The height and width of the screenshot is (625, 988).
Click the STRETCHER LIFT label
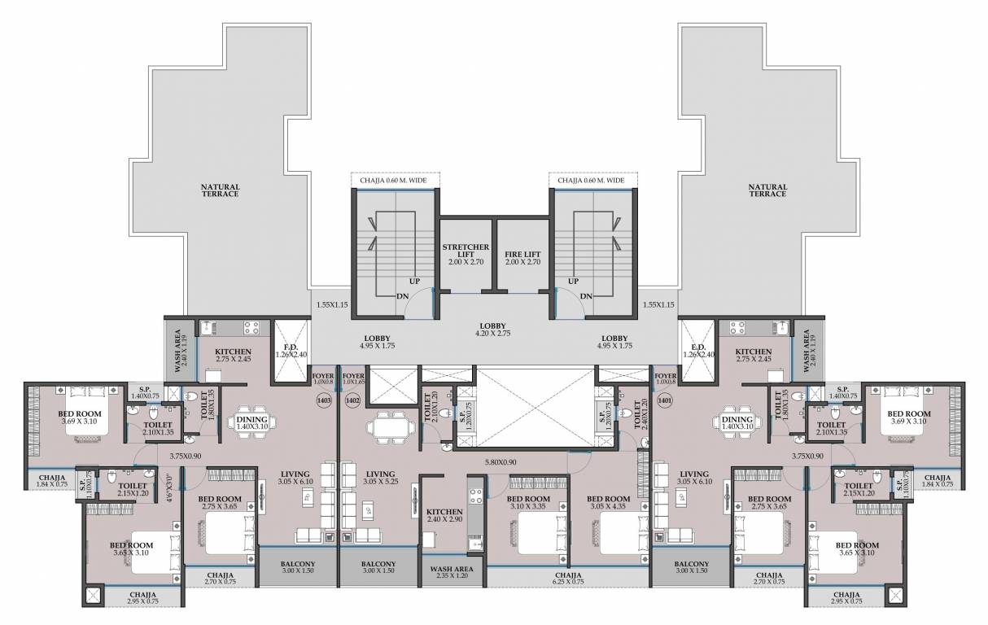pyautogui.click(x=466, y=255)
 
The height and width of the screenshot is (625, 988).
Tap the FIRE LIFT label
pyautogui.click(x=523, y=255)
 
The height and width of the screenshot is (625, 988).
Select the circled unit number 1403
pyautogui.click(x=324, y=400)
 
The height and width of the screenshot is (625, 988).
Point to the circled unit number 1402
pyautogui.click(x=352, y=400)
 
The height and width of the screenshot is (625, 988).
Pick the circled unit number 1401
pyautogui.click(x=664, y=400)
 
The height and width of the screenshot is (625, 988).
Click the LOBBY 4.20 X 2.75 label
pyautogui.click(x=494, y=329)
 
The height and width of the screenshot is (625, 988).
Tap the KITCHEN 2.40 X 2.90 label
pyautogui.click(x=444, y=515)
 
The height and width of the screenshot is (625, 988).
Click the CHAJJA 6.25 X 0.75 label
pyautogui.click(x=567, y=578)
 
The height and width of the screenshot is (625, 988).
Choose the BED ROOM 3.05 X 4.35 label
pyautogui.click(x=608, y=503)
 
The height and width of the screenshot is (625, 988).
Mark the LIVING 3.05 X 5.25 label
pyautogui.click(x=380, y=478)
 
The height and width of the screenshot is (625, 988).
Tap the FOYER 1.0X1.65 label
pyautogui.click(x=353, y=378)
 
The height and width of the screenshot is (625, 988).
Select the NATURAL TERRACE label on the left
pyautogui.click(x=221, y=190)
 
